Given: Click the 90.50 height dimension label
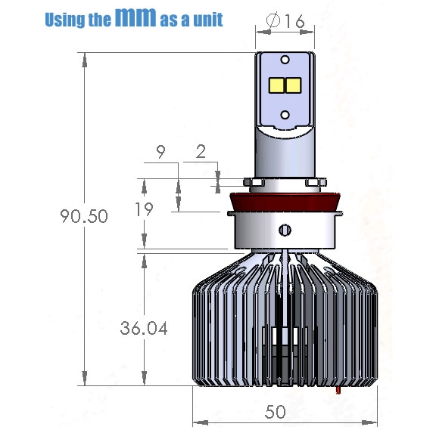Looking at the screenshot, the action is [84, 216].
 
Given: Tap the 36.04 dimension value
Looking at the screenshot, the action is [144, 329].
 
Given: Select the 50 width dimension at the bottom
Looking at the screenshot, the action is [275, 412].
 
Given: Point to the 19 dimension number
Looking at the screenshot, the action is [144, 209].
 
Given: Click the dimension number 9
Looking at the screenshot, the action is [160, 152].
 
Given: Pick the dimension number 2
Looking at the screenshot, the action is [201, 152].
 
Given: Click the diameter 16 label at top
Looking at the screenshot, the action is [285, 20].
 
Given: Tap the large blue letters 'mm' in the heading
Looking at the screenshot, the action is [136, 17].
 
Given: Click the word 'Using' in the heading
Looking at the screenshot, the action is [65, 20].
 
